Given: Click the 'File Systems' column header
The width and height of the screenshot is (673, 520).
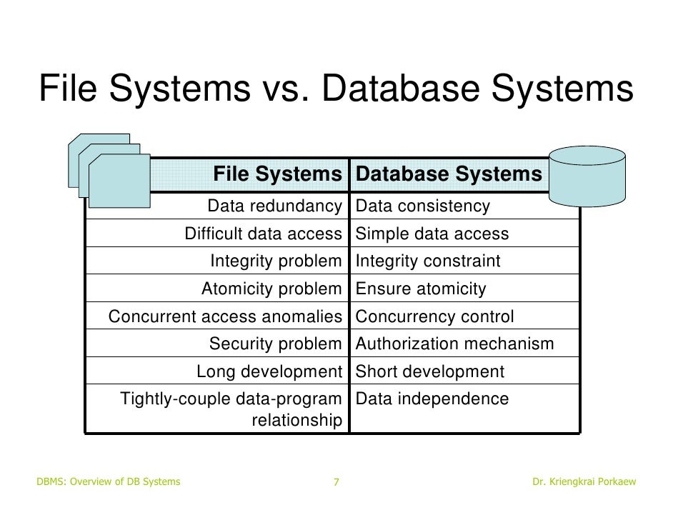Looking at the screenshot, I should coord(278,174).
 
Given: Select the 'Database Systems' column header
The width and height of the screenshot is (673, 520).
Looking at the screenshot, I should coord(449,174).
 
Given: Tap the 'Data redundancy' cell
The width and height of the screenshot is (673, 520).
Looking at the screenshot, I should coord(274,206).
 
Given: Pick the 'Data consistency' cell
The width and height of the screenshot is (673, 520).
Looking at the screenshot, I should coord(423,206).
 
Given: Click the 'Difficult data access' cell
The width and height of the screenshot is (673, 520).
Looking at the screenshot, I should coord(263,234).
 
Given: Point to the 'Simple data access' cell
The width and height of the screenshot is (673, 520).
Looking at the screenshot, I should coord(432,234).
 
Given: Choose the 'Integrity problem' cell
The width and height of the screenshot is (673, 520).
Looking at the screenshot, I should coord(276,261).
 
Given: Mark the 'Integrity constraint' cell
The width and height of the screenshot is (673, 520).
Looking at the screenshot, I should coord(428,261).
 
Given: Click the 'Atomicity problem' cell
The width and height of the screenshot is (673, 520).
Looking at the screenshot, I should coord(271,289).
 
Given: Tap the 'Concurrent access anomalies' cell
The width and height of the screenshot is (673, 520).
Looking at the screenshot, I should coord(225,316).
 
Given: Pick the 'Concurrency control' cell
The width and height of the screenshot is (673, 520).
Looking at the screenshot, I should coord(434,316).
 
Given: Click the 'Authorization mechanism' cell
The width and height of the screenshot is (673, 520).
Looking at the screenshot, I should coord(454,344).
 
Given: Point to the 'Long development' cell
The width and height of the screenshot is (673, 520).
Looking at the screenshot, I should coord(269,372).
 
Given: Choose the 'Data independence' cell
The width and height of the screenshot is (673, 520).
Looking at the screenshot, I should coord(432,399).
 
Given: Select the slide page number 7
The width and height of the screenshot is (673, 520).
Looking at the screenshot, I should coord(336,482).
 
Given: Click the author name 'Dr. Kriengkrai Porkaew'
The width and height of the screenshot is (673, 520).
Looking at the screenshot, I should coord(584,482).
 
